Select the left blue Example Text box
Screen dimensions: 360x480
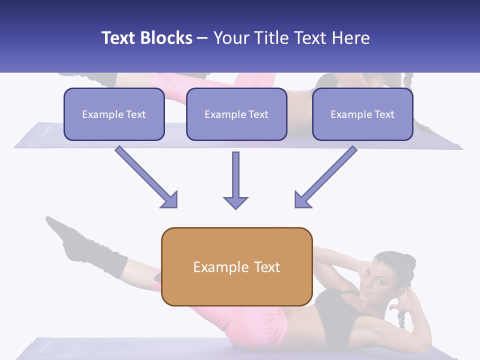tap(114, 114)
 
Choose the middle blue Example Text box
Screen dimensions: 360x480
tap(236, 114)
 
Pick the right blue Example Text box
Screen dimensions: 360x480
tap(362, 114)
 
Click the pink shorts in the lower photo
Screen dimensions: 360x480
tap(255, 322)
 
